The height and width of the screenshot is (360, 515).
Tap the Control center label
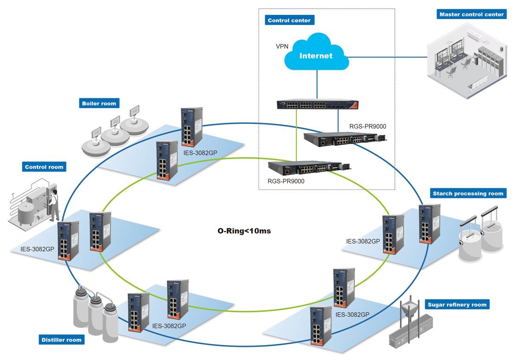289,20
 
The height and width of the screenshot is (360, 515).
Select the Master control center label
471,14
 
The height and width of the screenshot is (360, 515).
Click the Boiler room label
99,103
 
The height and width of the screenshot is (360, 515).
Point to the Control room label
44,167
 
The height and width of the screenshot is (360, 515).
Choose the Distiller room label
61,340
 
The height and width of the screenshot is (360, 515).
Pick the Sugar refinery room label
457,305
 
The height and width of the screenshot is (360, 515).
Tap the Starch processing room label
468,193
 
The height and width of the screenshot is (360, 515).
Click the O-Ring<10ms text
244,231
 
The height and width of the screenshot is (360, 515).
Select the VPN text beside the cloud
282,46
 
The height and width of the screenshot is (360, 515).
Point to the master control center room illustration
466,63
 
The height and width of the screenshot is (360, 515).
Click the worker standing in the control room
54,204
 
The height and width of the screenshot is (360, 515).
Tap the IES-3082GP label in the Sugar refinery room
352,315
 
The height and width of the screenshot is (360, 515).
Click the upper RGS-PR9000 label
367,126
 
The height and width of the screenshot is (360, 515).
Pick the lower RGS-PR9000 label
286,181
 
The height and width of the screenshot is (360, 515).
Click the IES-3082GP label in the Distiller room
169,326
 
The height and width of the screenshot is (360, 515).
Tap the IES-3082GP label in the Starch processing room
363,241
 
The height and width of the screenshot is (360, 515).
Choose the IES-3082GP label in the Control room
37,249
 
